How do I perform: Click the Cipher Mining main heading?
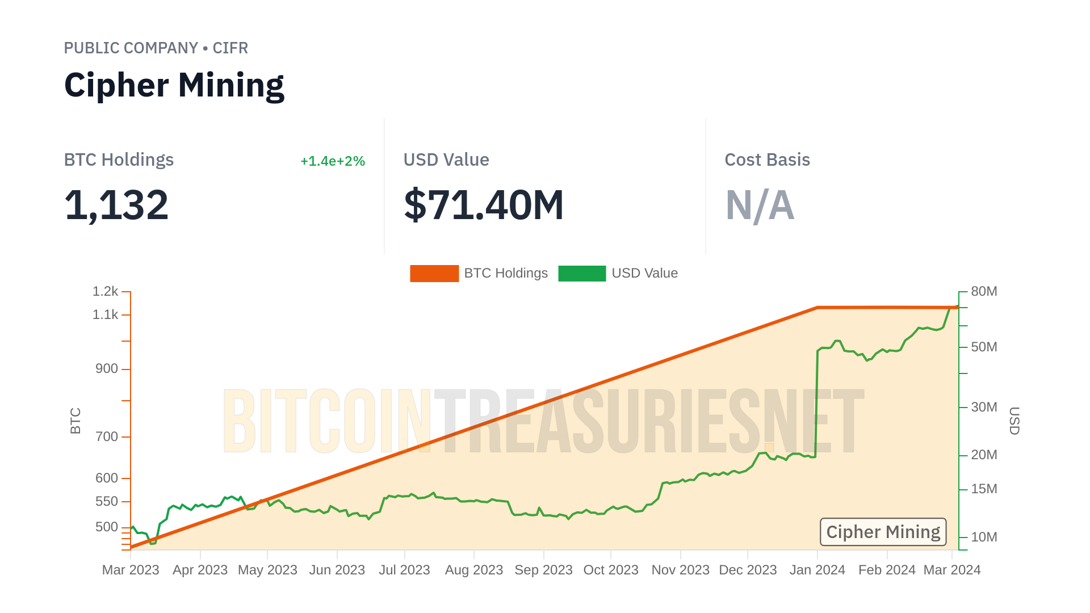coord(174,85)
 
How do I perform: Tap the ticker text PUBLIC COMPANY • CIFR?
coord(156,48)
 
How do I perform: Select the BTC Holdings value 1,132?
coord(116,205)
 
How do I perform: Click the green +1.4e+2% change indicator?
coord(332,161)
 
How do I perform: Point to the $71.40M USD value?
coord(484,205)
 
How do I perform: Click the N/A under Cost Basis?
coord(760,205)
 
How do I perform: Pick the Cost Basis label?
coord(767,160)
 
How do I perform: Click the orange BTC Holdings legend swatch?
coord(434,274)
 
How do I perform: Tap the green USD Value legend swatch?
coord(582,274)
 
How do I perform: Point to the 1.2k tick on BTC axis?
coord(106,292)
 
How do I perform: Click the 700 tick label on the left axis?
coord(106,437)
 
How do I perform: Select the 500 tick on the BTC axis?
coord(106,527)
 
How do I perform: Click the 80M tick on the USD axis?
coord(984,292)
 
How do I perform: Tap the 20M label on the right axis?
coord(984,455)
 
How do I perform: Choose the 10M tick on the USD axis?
coord(984,538)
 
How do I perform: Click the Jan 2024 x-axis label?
coord(817,570)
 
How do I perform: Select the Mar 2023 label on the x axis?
coord(131,570)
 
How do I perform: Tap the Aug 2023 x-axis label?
coord(474,570)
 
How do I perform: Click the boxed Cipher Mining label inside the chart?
coord(883,532)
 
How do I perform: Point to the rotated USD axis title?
coord(1014,421)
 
